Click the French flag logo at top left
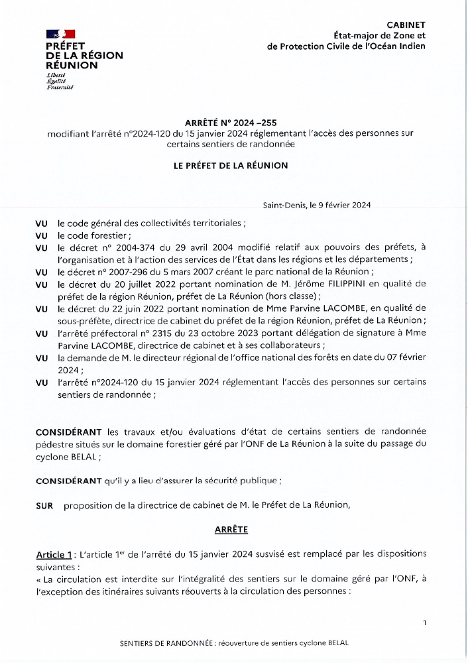point(60,34)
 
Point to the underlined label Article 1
point(54,554)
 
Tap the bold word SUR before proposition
point(44,505)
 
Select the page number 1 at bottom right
point(424,623)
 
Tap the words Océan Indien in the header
point(396,46)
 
